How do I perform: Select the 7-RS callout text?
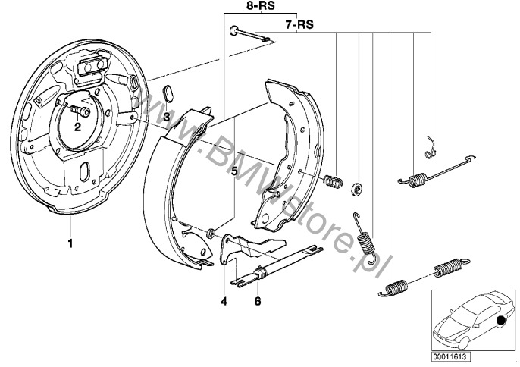pos(300,24)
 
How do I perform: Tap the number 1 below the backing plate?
pos(70,243)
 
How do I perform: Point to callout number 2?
pos(77,127)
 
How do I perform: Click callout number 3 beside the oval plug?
pos(166,116)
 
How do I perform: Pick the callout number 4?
pos(224,300)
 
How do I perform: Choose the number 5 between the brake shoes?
pos(234,171)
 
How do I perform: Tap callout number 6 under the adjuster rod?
pos(257,300)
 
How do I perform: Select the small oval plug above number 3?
pos(168,93)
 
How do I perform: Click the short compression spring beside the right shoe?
pos(333,182)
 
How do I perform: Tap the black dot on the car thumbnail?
pos(501,321)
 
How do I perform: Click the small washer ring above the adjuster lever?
pos(211,231)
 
